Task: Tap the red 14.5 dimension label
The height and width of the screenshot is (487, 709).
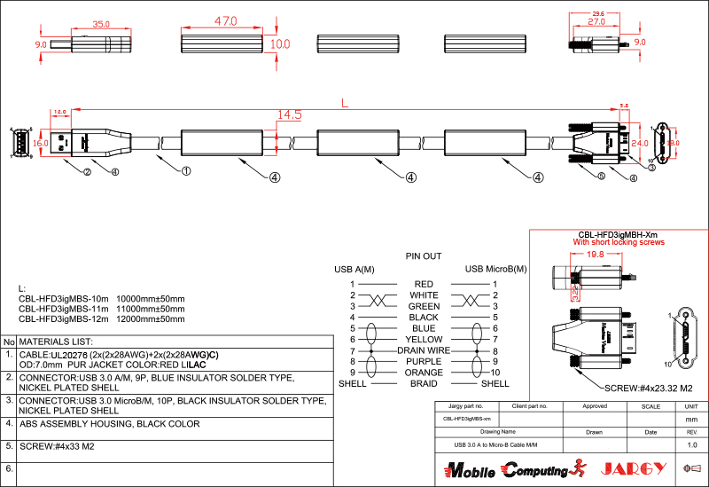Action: pos(289,115)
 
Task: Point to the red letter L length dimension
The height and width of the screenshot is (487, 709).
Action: pos(345,103)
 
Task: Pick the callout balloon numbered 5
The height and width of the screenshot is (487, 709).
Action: pos(601,177)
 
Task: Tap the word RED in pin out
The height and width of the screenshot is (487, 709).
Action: pos(424,284)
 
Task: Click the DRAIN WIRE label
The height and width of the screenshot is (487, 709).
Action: pos(424,350)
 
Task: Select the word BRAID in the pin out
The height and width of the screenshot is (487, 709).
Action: pos(424,383)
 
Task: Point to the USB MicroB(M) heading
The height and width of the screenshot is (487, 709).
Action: pos(495,269)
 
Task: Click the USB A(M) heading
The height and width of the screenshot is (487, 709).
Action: pos(354,269)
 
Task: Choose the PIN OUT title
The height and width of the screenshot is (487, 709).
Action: pos(423,256)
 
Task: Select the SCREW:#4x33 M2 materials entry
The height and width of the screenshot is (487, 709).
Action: pos(57,446)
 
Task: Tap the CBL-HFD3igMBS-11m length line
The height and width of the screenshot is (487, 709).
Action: pos(102,308)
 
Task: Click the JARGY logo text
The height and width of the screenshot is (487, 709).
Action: pos(633,468)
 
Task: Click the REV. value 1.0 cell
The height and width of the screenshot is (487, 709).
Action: pos(692,444)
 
